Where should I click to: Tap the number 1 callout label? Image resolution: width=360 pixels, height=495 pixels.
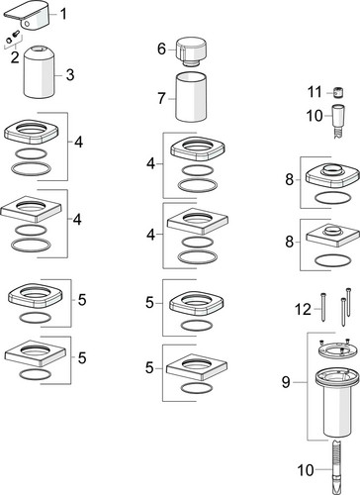coord(63,14)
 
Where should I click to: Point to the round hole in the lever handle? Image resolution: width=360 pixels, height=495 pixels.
coord(28,23)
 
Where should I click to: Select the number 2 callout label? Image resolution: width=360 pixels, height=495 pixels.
coord(15,57)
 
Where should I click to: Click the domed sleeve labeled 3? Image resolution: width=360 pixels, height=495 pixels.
coord(39,72)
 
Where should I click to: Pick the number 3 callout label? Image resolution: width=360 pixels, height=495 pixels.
coord(70,75)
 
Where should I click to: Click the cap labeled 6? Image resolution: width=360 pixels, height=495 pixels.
coord(192,51)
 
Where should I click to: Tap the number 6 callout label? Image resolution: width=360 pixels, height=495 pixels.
coord(161,49)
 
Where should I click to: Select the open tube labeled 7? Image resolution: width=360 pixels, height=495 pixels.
coord(191,97)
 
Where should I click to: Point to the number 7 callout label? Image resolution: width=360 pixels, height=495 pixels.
coord(161,98)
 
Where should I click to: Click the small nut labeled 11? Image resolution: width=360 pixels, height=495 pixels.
coord(338,93)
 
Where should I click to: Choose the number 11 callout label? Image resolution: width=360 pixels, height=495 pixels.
coord(315,92)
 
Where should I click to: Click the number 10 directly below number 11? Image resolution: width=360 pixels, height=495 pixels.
coord(315,116)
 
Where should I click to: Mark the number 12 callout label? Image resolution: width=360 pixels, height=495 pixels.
coord(303,309)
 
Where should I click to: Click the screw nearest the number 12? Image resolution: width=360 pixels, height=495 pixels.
coord(323,306)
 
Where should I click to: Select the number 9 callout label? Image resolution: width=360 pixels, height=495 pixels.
coord(286,382)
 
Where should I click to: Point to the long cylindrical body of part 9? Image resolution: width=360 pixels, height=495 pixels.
coord(336,413)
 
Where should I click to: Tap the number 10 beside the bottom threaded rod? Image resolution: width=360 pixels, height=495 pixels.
coord(306,469)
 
